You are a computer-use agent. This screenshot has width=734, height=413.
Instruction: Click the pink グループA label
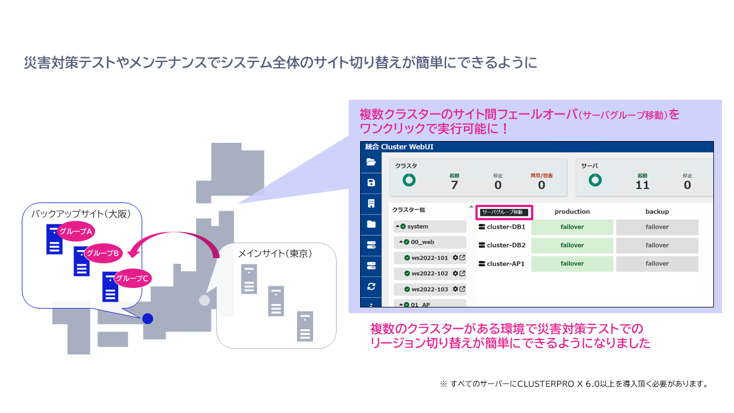click(76, 231)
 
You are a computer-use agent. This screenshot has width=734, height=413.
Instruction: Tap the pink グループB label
click(103, 253)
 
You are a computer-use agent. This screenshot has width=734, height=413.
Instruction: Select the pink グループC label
click(132, 278)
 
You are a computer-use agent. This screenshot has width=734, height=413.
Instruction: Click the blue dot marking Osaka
click(147, 318)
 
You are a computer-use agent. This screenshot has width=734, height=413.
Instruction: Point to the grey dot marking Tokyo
click(204, 300)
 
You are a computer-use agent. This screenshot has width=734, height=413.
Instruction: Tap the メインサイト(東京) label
click(275, 254)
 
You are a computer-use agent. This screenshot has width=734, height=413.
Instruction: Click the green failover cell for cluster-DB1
click(572, 227)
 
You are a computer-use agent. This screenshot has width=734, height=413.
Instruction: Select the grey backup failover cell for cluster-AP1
click(657, 264)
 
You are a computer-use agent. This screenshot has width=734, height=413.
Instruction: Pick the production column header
click(572, 212)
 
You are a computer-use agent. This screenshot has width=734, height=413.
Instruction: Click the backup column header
click(657, 212)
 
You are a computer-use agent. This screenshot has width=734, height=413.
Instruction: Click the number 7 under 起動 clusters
click(454, 185)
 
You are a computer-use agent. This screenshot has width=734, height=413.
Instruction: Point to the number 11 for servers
click(642, 185)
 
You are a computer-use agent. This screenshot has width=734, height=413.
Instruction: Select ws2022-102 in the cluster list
click(430, 274)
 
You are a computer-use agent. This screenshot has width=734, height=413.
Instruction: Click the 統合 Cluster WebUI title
click(399, 147)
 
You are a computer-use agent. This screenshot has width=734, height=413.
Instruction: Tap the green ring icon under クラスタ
click(409, 180)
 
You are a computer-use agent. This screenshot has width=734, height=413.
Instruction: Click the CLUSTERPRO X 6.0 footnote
click(573, 384)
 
